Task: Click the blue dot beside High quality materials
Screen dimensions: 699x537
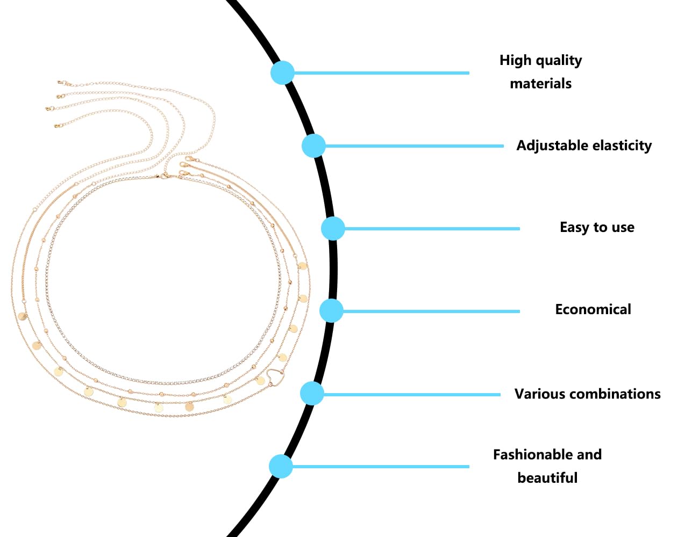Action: coord(282,72)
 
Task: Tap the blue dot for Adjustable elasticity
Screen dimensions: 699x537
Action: coord(313,146)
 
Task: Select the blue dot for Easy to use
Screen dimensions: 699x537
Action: coord(333,228)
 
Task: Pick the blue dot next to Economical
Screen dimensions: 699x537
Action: coord(331,310)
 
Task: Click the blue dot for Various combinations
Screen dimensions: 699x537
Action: coord(312,393)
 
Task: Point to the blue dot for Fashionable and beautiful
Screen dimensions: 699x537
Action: coord(281,466)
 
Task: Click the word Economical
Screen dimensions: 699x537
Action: coord(593,309)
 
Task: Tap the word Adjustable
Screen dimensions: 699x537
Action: coord(552,146)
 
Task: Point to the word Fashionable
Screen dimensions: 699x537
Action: coord(528,454)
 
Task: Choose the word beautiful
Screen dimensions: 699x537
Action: coord(547,477)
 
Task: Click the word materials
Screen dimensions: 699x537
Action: coord(540,84)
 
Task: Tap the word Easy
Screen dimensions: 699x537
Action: coord(575,228)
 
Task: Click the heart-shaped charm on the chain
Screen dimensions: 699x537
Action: coord(275,378)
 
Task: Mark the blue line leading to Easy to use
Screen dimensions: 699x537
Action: coord(432,229)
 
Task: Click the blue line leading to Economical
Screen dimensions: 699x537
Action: coord(431,311)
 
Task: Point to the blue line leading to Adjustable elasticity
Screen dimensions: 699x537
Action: coord(415,146)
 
